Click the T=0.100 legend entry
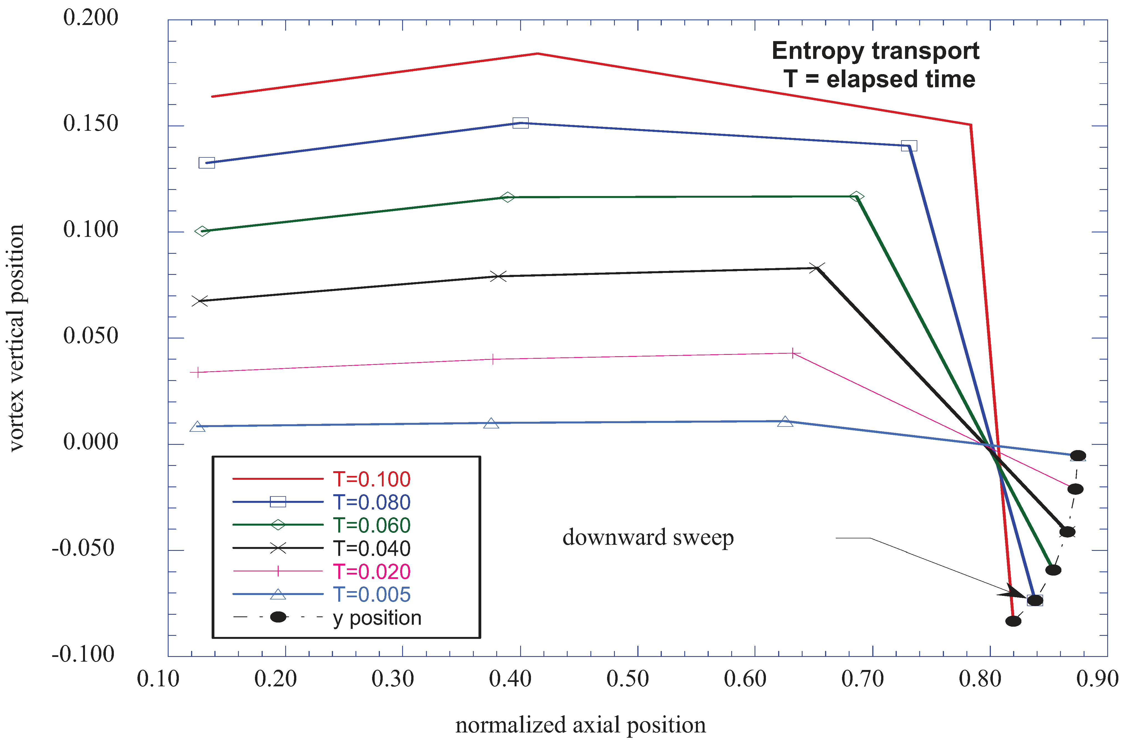coord(371,479)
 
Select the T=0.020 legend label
coord(371,571)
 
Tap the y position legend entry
coord(377,618)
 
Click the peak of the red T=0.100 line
coord(538,53)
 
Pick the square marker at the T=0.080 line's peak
coord(520,123)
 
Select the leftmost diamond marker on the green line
coord(202,231)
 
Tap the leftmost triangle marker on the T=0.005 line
coord(197,426)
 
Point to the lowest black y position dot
coord(1013,621)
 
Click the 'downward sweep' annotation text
coord(648,538)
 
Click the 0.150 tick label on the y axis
coord(91,124)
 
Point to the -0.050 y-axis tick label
coord(84,548)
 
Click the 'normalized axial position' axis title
coord(580,725)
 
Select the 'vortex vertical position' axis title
coord(17,338)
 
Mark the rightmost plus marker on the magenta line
coord(793,353)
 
